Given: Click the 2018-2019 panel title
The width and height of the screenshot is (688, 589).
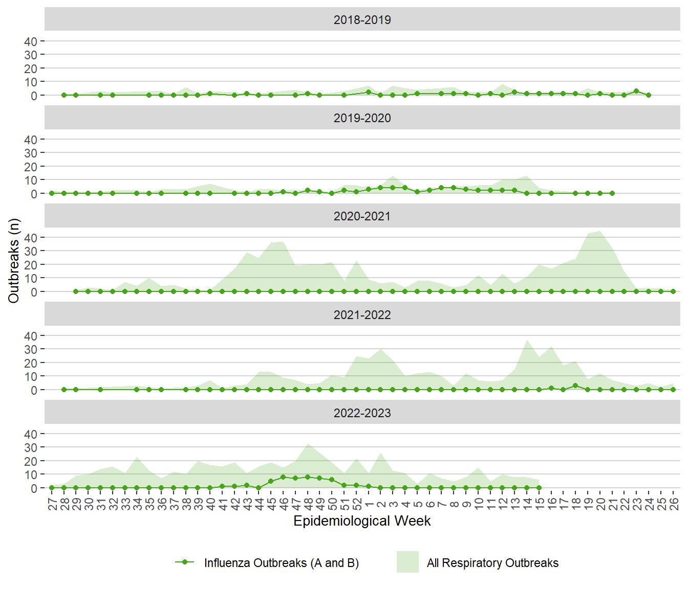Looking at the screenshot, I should coord(362,20).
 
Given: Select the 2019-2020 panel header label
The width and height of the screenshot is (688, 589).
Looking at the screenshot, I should coord(362,118).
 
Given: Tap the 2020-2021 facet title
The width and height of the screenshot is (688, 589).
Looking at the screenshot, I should coord(362,216).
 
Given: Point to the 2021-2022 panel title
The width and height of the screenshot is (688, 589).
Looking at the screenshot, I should coord(362,315).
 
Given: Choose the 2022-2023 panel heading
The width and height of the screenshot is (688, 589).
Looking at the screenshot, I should coord(362,413).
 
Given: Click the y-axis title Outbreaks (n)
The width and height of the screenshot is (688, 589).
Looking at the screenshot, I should coord(14,261).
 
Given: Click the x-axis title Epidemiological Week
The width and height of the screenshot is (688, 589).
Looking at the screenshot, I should coord(362,521).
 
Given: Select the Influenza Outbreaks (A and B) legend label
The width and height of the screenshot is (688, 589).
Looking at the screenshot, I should coord(281,563).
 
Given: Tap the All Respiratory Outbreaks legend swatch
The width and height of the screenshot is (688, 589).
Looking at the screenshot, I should coord(407,562).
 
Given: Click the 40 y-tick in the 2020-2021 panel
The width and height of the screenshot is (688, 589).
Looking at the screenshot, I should coord(31,238).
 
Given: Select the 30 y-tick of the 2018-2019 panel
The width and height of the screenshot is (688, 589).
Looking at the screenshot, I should coord(31,55).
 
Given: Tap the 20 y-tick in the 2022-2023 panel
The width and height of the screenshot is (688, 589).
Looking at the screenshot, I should coord(31,461).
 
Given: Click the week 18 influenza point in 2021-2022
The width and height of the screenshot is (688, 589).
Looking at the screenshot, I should coord(575,386).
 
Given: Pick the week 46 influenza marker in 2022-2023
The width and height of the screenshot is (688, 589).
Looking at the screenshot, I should coord(283,477).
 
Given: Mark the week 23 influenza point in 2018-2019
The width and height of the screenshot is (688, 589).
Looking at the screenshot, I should coord(636,91).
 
